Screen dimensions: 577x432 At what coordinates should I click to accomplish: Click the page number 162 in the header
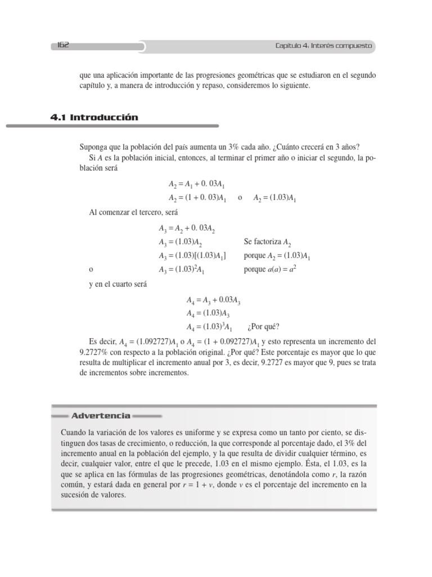coord(62,46)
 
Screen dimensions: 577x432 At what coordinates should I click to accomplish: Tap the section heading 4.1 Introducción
coord(94,118)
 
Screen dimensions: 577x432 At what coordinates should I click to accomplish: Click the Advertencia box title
coord(101,416)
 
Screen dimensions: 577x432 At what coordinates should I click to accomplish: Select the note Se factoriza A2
coord(267,242)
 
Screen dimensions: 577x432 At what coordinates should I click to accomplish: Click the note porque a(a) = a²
coord(270,269)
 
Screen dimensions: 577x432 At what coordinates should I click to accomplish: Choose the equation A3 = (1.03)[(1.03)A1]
coord(192,256)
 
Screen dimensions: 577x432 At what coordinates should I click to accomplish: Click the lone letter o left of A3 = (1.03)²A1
coord(91,269)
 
